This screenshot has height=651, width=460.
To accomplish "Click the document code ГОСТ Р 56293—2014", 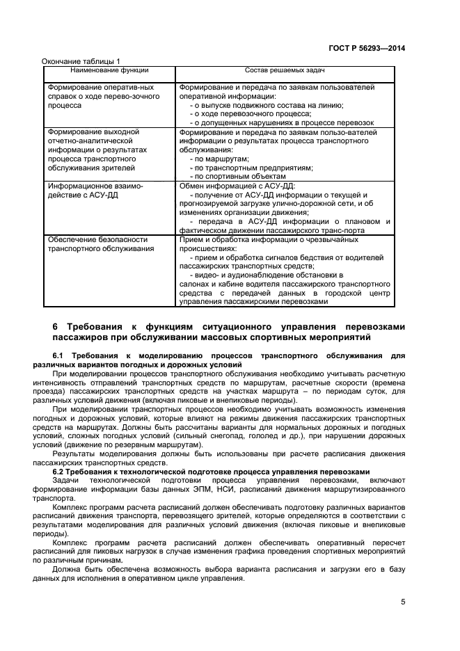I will pos(367,49).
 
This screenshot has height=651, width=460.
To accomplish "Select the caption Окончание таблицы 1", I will pos(81,61).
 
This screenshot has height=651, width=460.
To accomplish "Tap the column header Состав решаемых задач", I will pos(285,70).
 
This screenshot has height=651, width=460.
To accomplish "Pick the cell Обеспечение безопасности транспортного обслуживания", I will pos(100,243).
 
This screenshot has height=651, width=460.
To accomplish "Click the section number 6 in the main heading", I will pos(56,326).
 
